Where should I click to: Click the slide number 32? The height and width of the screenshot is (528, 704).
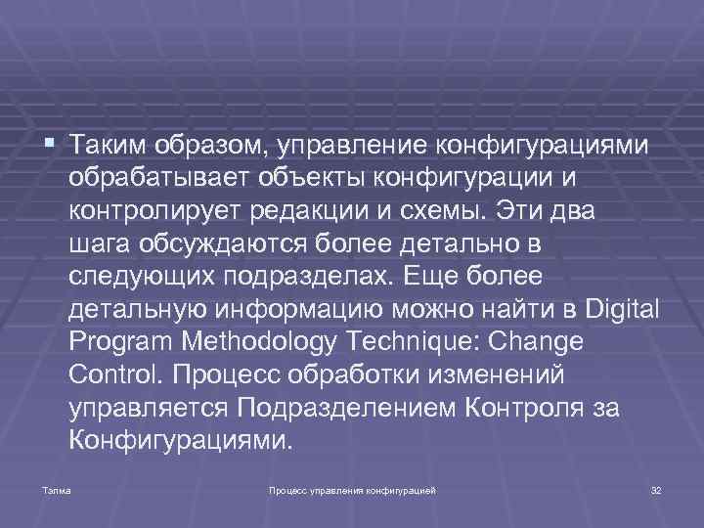tap(656, 488)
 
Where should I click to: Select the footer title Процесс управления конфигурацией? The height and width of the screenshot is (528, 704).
tap(352, 488)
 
